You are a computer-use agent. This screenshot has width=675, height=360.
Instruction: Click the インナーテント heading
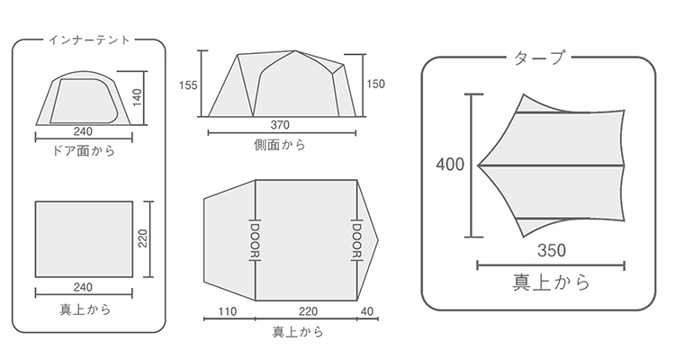pyautogui.click(x=89, y=40)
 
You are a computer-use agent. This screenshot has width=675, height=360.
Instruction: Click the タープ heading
pyautogui.click(x=539, y=58)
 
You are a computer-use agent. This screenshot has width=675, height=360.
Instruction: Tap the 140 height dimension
pyautogui.click(x=137, y=98)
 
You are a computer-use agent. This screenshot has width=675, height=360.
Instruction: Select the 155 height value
pyautogui.click(x=188, y=85)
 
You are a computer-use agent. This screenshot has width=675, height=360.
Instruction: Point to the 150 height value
pyautogui.click(x=375, y=84)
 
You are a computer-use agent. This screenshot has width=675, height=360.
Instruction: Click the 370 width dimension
pyautogui.click(x=280, y=125)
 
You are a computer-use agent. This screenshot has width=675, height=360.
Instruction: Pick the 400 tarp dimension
pyautogui.click(x=450, y=165)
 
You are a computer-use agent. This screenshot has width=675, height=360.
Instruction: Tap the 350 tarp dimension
pyautogui.click(x=552, y=250)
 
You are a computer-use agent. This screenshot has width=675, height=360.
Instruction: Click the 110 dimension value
pyautogui.click(x=228, y=311)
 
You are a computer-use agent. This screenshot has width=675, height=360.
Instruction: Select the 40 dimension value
pyautogui.click(x=367, y=310)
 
